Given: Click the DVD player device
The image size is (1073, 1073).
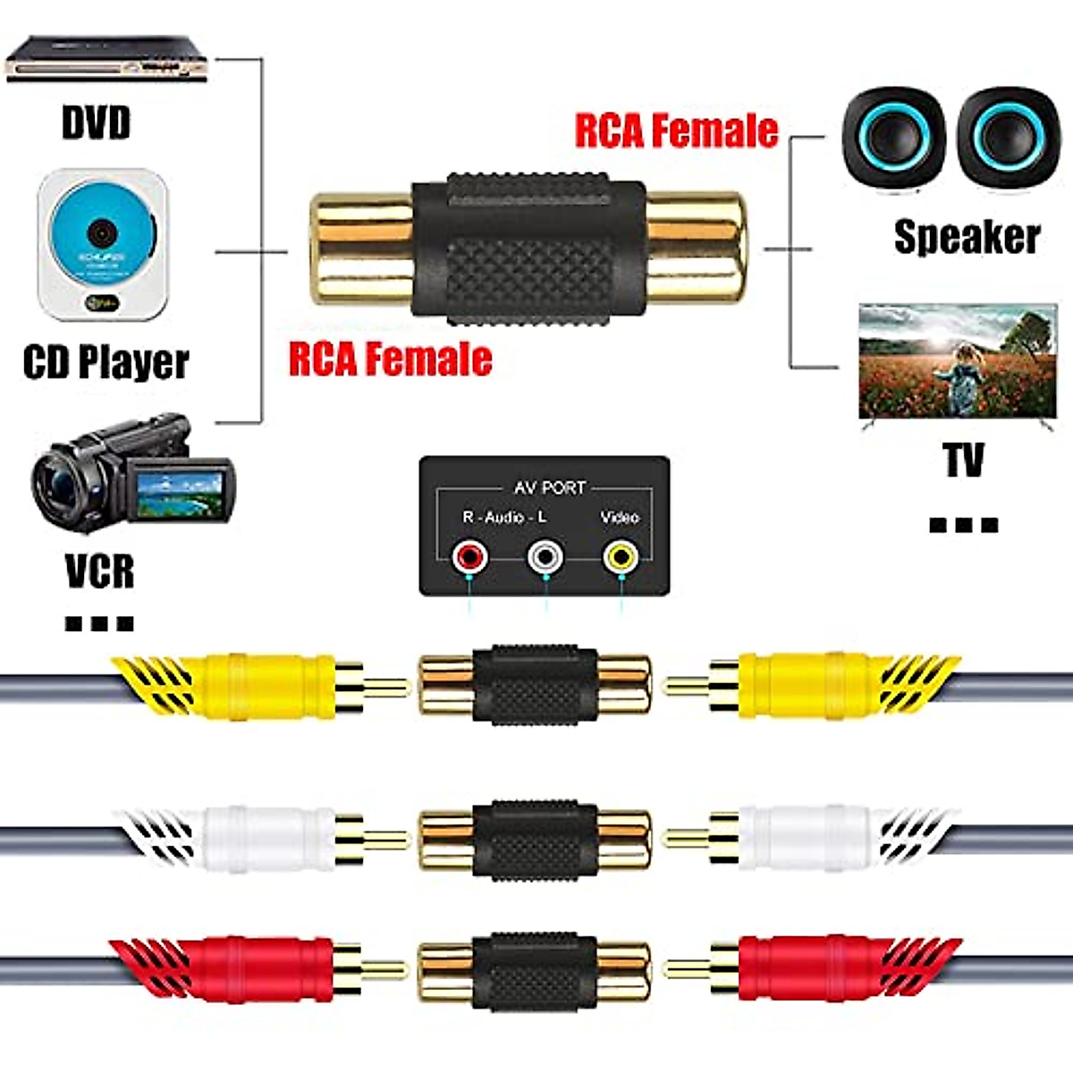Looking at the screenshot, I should click(x=107, y=60).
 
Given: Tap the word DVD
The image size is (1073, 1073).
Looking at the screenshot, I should click(x=96, y=123).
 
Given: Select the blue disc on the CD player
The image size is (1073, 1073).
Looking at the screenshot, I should click(x=102, y=232).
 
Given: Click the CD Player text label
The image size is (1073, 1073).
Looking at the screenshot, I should click(x=106, y=362).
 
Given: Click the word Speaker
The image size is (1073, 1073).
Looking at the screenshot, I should click(x=967, y=237).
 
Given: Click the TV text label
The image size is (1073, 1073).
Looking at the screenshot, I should click(x=963, y=461).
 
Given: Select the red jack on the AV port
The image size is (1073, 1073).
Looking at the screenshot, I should click(x=469, y=558).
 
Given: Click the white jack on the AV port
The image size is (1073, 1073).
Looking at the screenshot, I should click(x=545, y=558).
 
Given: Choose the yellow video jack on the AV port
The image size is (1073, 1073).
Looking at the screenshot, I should click(x=621, y=558).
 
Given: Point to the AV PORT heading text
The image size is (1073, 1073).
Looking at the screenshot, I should click(x=549, y=487).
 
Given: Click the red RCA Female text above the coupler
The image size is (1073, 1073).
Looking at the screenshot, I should click(x=675, y=131).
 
